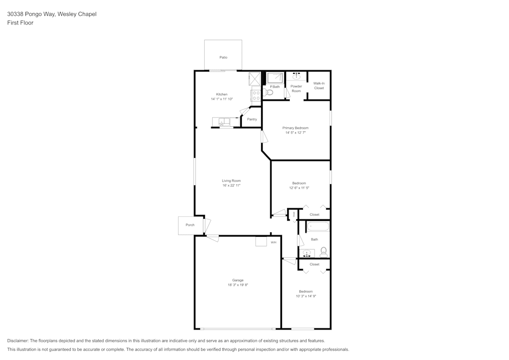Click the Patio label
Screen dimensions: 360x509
click(x=223, y=58)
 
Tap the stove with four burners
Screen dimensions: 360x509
click(x=256, y=95)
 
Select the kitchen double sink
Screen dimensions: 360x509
click(x=222, y=122)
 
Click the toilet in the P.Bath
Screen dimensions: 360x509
click(x=269, y=92)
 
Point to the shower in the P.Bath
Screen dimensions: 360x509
click(x=275, y=77)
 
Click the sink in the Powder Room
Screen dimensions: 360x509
click(x=296, y=77)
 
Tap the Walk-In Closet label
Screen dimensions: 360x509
click(x=319, y=86)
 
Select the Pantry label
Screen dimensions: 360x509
click(x=252, y=119)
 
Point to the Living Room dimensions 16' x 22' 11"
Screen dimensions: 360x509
click(x=231, y=185)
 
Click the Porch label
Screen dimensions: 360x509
click(x=190, y=225)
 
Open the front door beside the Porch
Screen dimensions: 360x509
click(x=207, y=225)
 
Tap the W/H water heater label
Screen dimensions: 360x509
click(x=273, y=242)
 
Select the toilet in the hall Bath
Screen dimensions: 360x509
click(x=323, y=252)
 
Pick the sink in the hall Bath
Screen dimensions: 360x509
click(x=307, y=253)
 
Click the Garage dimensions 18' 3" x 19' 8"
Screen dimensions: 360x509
click(x=238, y=285)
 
